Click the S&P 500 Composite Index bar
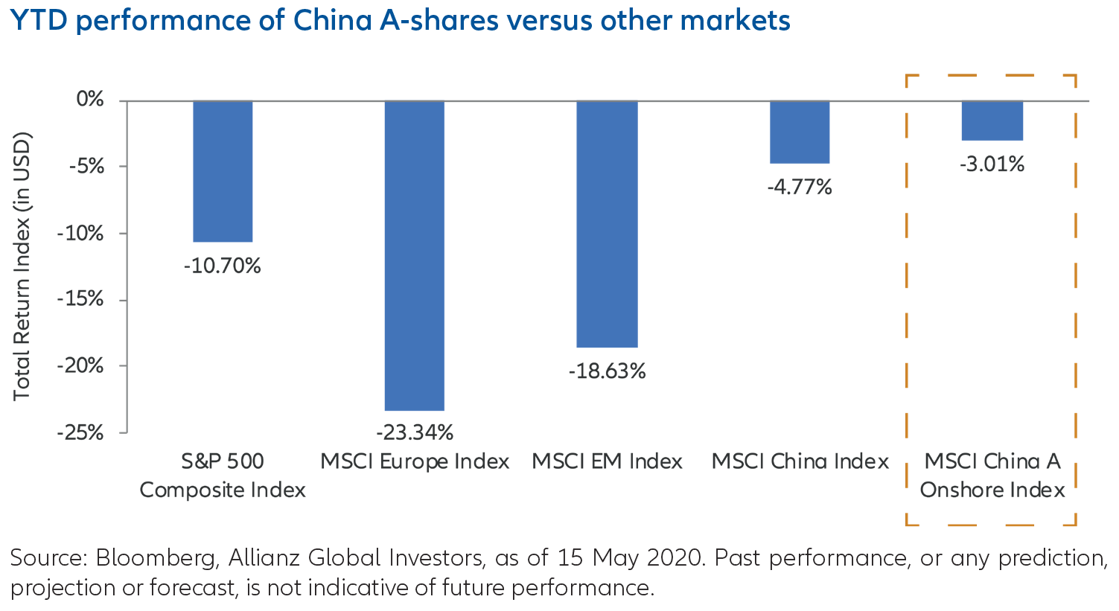tap(223, 171)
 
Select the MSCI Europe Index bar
tap(415, 255)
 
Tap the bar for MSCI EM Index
tap(607, 224)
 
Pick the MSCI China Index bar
tap(800, 132)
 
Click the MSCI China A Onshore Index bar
tap(992, 121)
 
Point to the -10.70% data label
tap(223, 266)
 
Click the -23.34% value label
tap(415, 432)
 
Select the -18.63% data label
tap(607, 371)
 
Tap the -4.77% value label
tap(800, 186)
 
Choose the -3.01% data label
tap(992, 164)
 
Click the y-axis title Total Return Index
tap(22, 266)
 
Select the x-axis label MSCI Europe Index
tap(415, 461)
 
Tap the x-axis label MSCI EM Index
tap(607, 461)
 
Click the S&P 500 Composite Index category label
tap(223, 476)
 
